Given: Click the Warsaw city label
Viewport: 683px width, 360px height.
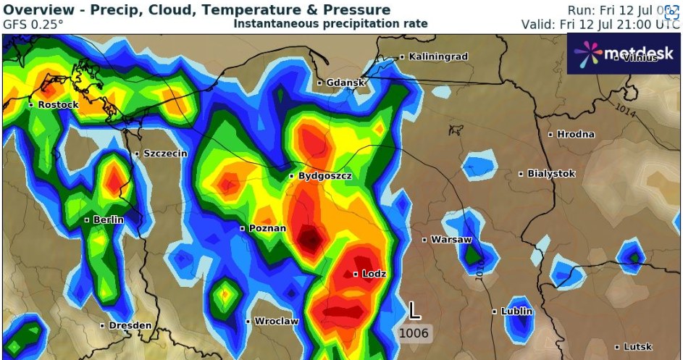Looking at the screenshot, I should click(451, 239).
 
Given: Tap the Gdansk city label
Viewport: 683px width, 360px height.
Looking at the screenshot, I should click(345, 83).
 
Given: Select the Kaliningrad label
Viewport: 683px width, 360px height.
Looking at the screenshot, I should click(437, 56).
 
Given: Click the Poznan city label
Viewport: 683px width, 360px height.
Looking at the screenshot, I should click(267, 228).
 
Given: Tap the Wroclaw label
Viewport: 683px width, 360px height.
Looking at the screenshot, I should click(275, 321).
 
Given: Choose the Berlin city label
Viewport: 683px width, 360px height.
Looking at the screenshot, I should click(108, 219).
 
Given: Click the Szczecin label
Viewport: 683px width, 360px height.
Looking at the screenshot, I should click(165, 154).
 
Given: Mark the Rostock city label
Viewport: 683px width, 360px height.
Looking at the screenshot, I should click(57, 104).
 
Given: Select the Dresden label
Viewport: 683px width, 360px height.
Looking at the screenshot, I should click(130, 325).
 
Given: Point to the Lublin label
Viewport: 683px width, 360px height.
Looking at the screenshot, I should click(516, 311).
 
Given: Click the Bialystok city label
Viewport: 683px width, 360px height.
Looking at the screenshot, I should click(551, 174).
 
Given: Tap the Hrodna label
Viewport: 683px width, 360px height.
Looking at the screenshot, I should click(575, 134).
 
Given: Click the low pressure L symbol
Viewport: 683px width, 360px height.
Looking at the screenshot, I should click(414, 310).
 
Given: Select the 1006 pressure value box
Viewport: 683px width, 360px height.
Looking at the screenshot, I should click(414, 333).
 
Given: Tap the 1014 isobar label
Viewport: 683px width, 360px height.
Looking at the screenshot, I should click(624, 111).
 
